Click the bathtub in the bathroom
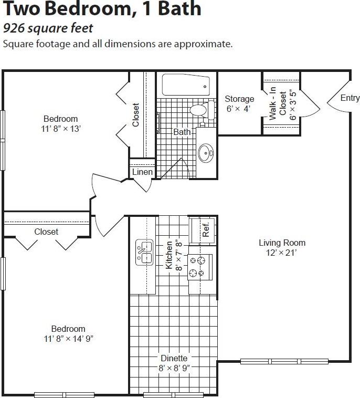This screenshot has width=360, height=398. click(185, 85)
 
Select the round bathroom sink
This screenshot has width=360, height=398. click(206, 154)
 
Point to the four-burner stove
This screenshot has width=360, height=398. click(200, 266)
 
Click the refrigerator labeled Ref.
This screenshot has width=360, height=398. click(202, 229)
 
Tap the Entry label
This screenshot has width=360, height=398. click(350, 98)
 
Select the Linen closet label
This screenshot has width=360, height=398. click(142, 172)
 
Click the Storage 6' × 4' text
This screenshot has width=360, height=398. click(239, 104)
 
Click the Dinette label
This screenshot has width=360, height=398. click(174, 359)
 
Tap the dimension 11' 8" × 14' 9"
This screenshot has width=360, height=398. click(69, 339)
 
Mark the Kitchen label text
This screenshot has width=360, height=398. click(170, 255)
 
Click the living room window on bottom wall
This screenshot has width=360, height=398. click(284, 361)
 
